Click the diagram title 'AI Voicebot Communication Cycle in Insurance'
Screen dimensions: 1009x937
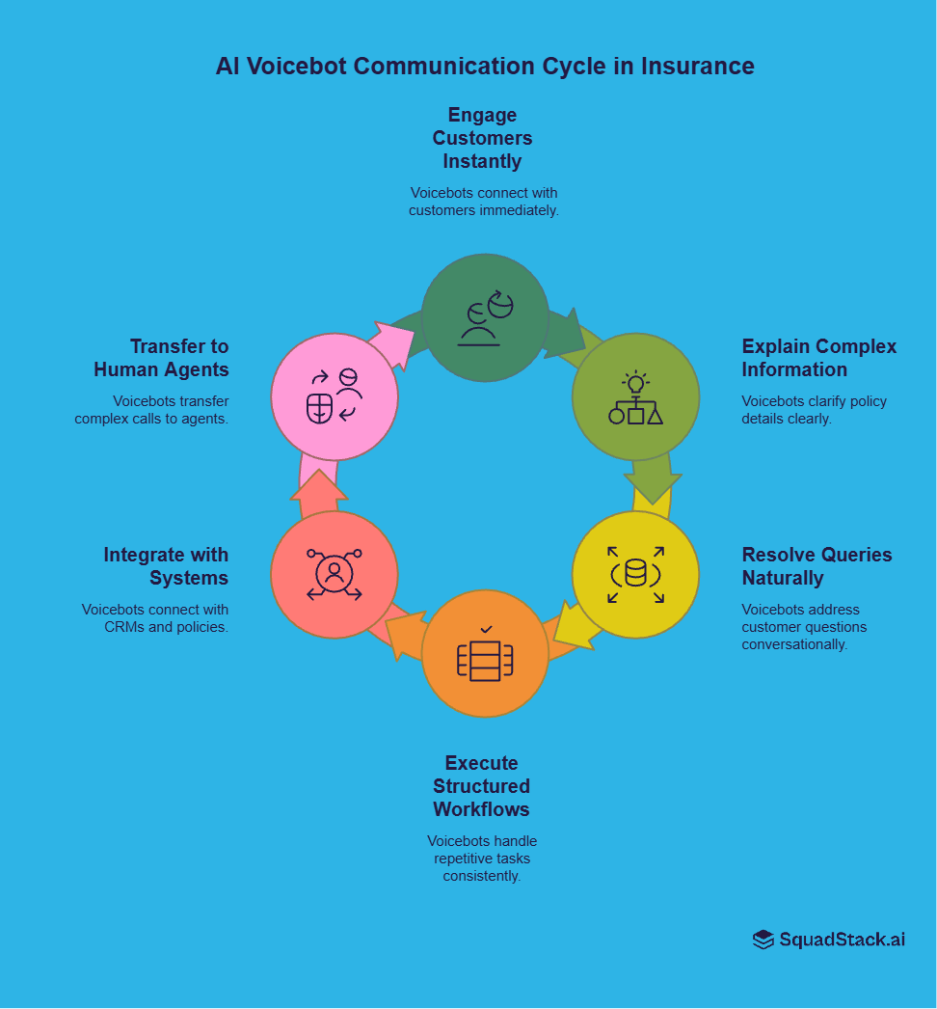485,67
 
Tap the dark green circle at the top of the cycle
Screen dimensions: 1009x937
485,317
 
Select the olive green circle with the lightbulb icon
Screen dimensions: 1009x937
635,396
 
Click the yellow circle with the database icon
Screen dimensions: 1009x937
635,574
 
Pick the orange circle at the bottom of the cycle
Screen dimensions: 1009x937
485,653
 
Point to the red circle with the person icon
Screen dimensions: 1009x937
335,574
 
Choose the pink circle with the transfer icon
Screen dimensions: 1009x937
335,396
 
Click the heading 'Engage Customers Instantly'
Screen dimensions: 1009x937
482,138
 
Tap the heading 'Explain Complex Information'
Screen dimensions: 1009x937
818,358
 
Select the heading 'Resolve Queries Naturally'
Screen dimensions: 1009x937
817,566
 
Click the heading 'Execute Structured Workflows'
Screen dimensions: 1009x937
481,786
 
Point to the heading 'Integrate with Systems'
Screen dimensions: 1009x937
166,566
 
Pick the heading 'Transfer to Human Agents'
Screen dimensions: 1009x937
161,358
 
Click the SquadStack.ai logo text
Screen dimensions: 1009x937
842,940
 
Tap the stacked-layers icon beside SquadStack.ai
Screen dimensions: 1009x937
763,940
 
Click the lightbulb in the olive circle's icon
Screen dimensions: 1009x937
635,383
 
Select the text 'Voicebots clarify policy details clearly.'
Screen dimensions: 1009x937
814,410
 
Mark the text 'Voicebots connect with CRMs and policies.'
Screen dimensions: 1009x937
155,618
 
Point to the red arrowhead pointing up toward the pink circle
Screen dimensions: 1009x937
318,486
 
